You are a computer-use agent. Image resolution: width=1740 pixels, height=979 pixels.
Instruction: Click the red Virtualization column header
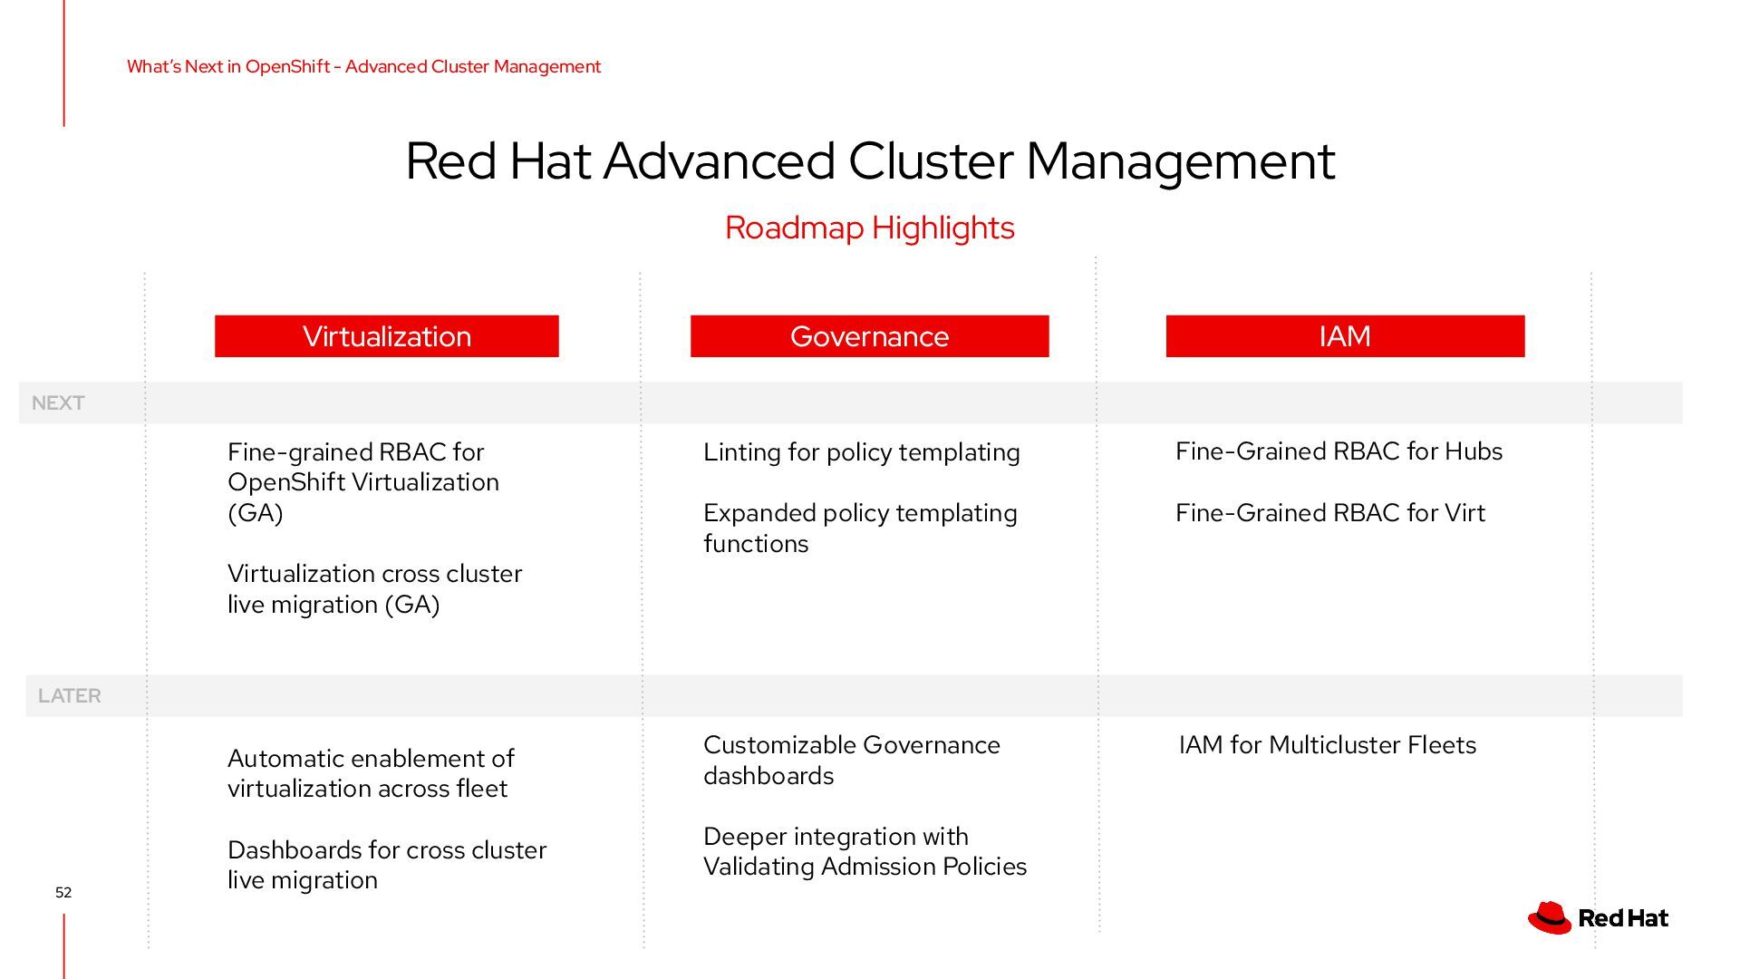(387, 336)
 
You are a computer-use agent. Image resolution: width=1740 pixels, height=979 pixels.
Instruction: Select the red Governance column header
(869, 336)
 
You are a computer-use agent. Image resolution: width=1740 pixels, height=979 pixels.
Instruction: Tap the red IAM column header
(1345, 336)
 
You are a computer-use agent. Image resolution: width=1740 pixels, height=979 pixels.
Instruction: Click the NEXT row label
(58, 403)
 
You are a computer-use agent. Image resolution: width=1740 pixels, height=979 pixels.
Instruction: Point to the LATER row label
(70, 696)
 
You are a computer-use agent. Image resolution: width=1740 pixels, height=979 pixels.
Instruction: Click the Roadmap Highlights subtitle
(869, 228)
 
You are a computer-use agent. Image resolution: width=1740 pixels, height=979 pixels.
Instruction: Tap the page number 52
(63, 893)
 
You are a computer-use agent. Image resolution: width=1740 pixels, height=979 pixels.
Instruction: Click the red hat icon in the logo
(1550, 917)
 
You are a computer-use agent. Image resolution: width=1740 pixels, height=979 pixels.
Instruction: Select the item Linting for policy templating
(861, 452)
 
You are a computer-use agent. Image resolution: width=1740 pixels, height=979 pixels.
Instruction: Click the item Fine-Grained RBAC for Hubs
(1339, 451)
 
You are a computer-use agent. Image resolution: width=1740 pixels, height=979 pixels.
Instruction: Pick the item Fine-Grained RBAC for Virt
(1329, 513)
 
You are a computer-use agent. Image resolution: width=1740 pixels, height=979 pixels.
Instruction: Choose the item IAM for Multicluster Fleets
(1327, 745)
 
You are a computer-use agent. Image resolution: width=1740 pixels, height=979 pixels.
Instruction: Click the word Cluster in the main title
(931, 161)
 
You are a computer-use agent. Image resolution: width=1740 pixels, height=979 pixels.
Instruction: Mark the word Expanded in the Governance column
(759, 513)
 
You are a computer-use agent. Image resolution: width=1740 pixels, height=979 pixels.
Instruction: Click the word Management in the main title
(1180, 161)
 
